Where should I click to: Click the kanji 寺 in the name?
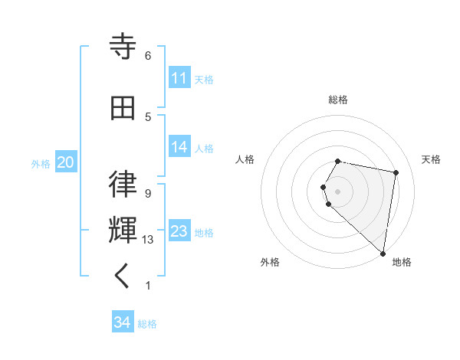[x=123, y=47]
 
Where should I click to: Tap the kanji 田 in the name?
[x=123, y=108]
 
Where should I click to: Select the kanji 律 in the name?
[x=123, y=184]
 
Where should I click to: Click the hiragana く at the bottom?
[x=123, y=276]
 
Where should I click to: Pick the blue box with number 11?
[x=179, y=78]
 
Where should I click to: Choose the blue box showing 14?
[x=179, y=147]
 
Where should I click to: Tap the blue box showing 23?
[x=179, y=231]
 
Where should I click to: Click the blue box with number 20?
[x=65, y=162]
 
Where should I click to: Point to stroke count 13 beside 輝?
[x=148, y=240]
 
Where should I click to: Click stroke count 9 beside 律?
[x=148, y=193]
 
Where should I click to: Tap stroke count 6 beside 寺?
[x=148, y=56]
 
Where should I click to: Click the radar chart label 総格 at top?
[x=338, y=100]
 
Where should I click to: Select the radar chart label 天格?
[x=431, y=159]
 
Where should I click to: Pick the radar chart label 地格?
[x=402, y=262]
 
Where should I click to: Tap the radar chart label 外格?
[x=270, y=262]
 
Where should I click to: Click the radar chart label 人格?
[x=245, y=159]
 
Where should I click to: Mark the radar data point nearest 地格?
[x=383, y=253]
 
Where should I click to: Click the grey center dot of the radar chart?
[x=338, y=191]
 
